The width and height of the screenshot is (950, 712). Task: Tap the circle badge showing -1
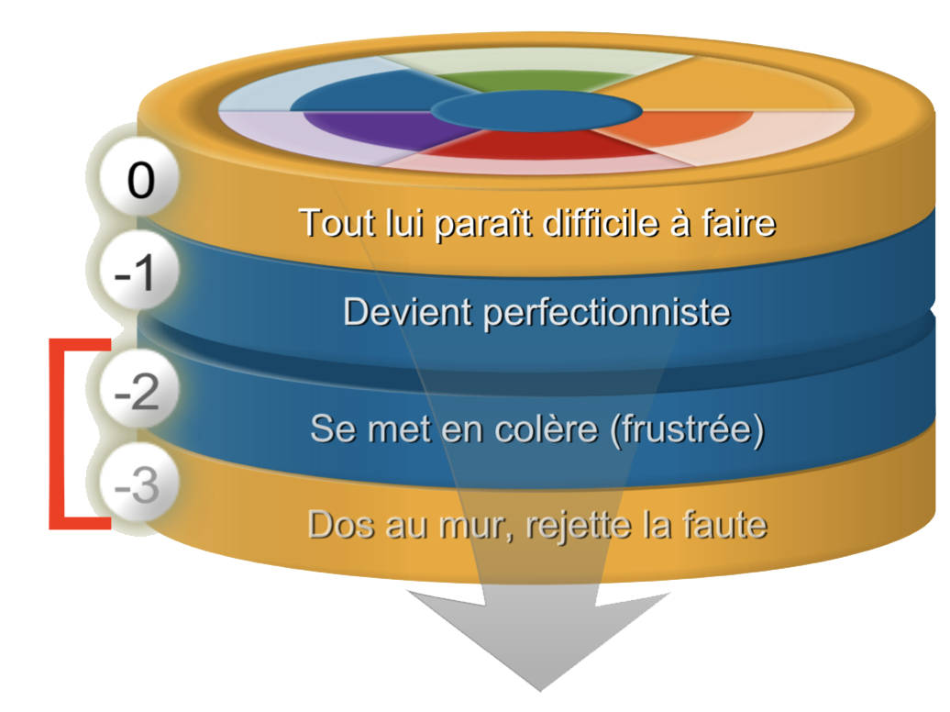click(x=138, y=270)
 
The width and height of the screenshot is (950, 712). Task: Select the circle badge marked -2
click(x=138, y=389)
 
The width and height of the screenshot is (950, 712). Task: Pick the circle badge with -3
click(x=138, y=484)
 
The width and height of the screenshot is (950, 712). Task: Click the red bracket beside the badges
click(x=58, y=434)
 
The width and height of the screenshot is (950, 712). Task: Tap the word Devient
click(x=407, y=312)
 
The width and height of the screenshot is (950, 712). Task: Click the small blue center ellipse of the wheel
click(x=536, y=111)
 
